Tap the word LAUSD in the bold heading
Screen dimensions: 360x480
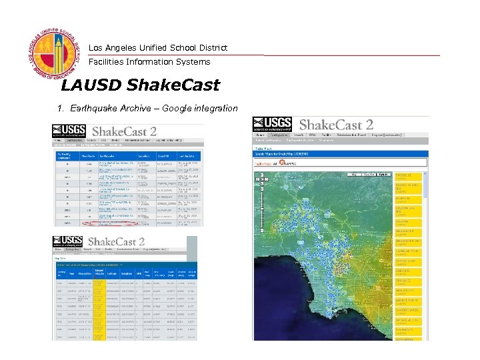(89, 85)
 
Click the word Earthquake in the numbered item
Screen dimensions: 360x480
(91, 108)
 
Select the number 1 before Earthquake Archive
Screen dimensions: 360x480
(60, 108)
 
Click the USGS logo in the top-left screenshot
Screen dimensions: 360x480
(69, 132)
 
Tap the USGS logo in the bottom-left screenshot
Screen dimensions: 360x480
(69, 243)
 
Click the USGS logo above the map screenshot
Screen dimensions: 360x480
(272, 125)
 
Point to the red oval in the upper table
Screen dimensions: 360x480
(107, 224)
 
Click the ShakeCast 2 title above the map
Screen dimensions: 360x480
(336, 125)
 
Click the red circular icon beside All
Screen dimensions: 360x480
(283, 163)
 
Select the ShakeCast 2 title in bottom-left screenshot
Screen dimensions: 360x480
(117, 241)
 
